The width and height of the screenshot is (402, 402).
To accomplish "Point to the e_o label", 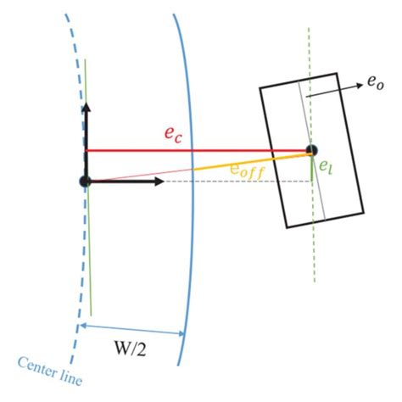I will pos(374,83).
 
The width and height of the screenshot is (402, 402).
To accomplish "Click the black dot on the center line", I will pos(85,181).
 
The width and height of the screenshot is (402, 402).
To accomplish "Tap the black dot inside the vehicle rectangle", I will pos(311,151).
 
